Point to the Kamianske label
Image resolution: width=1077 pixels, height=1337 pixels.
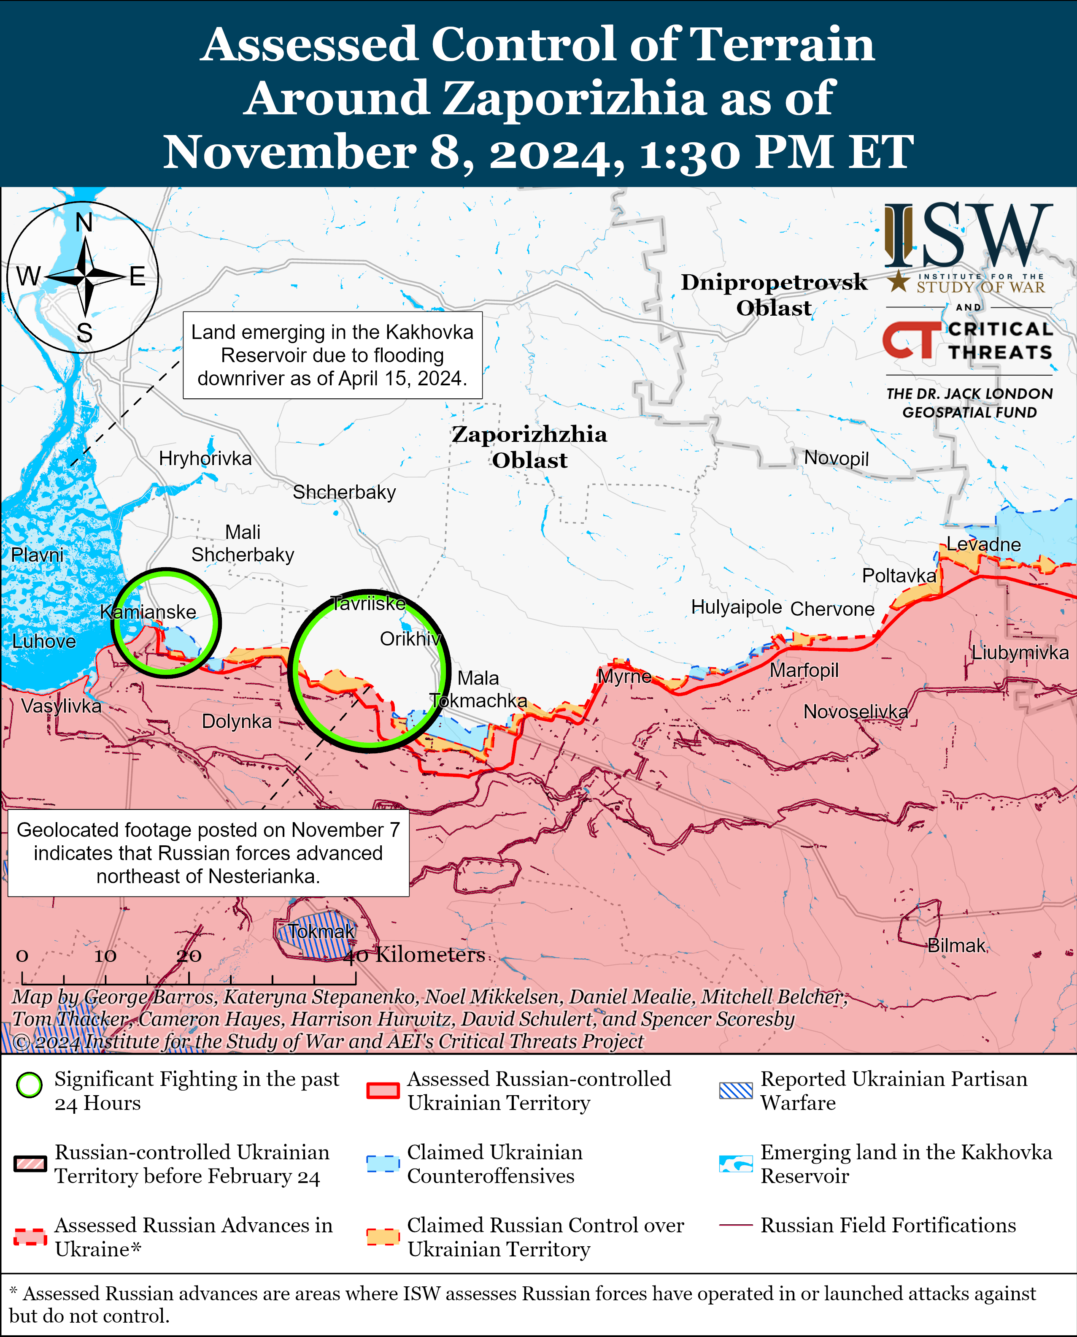[x=148, y=612]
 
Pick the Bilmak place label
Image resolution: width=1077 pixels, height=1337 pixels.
[x=956, y=945]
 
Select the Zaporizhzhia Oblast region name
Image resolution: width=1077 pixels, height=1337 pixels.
[x=529, y=447]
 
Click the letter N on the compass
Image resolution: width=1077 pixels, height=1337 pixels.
[x=84, y=223]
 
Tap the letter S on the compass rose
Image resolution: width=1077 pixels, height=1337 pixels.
[x=84, y=334]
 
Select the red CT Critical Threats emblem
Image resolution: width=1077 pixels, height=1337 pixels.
[x=911, y=340]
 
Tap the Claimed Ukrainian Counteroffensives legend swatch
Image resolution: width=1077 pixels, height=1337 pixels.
[x=383, y=1164]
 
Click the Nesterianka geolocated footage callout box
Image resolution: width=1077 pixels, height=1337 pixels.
[x=208, y=853]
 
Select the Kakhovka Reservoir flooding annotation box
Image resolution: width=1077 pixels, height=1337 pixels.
[x=332, y=355]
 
